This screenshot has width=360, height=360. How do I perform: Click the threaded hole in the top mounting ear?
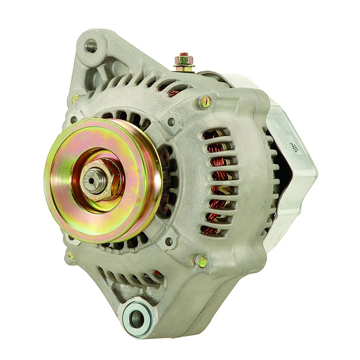point(91,46)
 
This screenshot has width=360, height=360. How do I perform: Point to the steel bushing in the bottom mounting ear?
point(136,318)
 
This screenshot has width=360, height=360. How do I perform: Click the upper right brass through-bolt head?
point(205,102)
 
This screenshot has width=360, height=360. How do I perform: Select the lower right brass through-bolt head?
point(202,261)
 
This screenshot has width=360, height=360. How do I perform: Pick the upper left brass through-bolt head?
point(75,99)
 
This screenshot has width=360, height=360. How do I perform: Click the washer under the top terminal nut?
point(184,67)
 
